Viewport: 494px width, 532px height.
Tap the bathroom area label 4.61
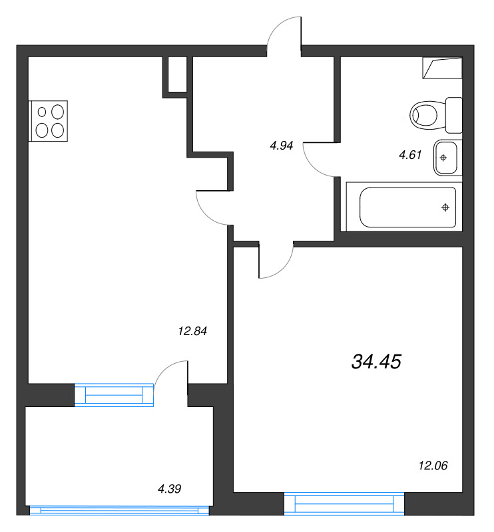[x=410, y=155]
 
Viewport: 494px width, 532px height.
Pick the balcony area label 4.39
[x=170, y=489]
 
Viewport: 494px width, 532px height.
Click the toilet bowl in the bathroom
[x=427, y=114]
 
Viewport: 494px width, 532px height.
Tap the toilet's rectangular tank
[x=453, y=114]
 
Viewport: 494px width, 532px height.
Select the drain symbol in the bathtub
[x=445, y=208]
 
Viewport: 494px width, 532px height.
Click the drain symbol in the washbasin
[x=444, y=158]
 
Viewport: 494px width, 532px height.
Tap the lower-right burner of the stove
[x=58, y=130]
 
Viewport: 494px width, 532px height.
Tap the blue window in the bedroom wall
[x=344, y=503]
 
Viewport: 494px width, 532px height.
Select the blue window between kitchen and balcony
[x=114, y=394]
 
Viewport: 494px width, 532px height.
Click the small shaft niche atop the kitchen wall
[x=176, y=74]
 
